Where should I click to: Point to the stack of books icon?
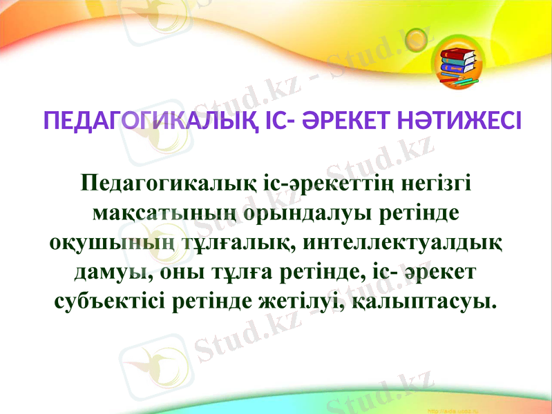click(459, 67)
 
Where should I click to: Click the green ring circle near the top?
click(416, 36)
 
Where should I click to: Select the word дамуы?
click(113, 272)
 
